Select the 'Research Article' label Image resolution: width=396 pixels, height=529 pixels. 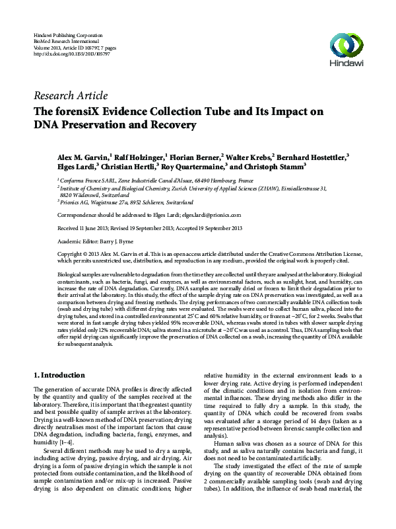70,95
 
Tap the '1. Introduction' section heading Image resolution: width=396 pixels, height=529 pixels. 59,375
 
